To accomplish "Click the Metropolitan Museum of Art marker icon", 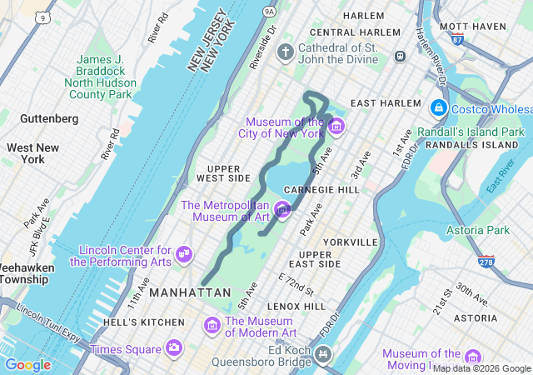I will click(x=282, y=210).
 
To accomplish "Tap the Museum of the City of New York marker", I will click(x=336, y=127).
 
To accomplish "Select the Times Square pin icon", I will click(x=174, y=347).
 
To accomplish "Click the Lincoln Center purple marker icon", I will click(x=184, y=254).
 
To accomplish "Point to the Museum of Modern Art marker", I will click(x=212, y=325).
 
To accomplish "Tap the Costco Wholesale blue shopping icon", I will click(x=438, y=108).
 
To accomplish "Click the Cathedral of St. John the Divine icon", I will click(x=286, y=53).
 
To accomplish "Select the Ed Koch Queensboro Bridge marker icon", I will click(x=322, y=355).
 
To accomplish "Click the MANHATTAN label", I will click(x=191, y=292).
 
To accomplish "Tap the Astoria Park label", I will click(x=477, y=230).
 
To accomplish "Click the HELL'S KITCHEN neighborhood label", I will click(x=144, y=322).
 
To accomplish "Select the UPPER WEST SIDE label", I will click(x=223, y=172).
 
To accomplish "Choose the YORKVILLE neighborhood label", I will click(x=350, y=242).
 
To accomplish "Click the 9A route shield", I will click(x=268, y=11).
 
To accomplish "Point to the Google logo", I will click(x=27, y=365).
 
